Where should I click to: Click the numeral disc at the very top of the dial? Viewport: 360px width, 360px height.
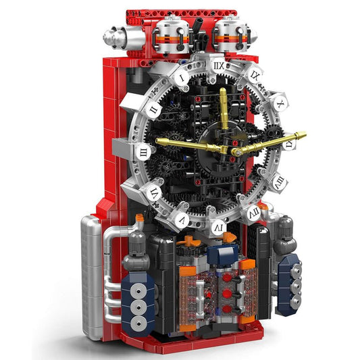coord(217,67)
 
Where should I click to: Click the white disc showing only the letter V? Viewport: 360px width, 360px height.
coord(182,220)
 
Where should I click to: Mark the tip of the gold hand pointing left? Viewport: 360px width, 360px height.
coord(159,141)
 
